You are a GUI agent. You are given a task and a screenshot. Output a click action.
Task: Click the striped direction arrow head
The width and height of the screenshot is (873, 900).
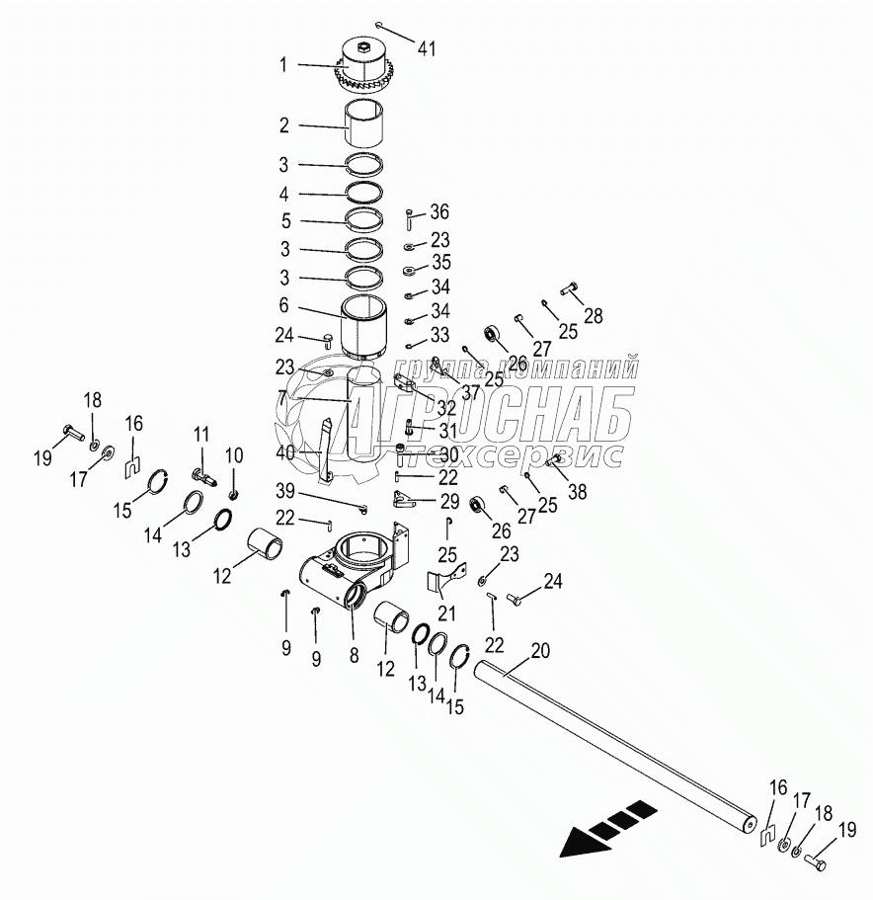click(580, 840)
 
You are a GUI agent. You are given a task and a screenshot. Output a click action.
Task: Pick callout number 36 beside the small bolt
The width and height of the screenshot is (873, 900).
click(439, 211)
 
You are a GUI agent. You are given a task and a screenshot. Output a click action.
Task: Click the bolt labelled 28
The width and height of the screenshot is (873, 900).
click(571, 289)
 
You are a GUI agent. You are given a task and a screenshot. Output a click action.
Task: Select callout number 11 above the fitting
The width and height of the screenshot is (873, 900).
click(201, 434)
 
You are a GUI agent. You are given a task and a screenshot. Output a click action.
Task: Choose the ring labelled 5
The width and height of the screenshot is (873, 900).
click(366, 220)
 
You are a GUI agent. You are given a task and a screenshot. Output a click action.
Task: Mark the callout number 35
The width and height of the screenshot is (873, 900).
click(439, 263)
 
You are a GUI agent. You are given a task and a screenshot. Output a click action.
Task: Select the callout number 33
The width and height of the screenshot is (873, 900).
click(439, 334)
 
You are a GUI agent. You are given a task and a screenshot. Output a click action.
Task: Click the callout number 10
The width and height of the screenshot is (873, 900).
click(234, 453)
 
